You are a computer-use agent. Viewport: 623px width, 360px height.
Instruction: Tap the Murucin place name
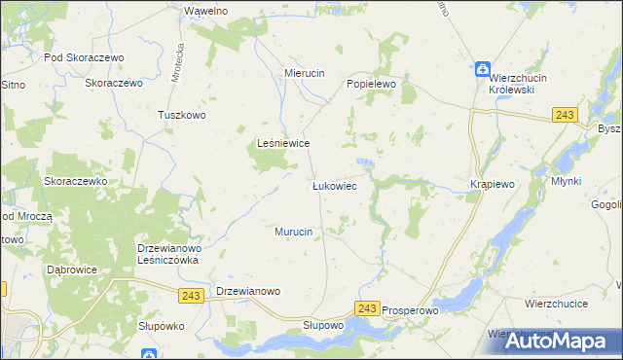click(292, 232)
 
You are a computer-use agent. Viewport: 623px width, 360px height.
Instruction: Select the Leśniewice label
click(282, 143)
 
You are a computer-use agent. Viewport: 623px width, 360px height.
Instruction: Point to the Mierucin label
click(304, 73)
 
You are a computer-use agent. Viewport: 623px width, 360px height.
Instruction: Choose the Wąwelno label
click(205, 10)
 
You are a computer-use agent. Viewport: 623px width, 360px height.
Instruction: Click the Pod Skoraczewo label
click(86, 57)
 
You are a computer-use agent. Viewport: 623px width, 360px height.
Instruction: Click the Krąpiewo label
click(491, 184)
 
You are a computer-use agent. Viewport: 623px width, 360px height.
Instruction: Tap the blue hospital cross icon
click(483, 69)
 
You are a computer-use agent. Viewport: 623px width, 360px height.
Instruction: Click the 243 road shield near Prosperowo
click(366, 308)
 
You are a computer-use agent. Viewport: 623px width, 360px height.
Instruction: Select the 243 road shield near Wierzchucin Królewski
click(563, 115)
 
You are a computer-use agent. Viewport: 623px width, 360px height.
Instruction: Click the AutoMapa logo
click(565, 342)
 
